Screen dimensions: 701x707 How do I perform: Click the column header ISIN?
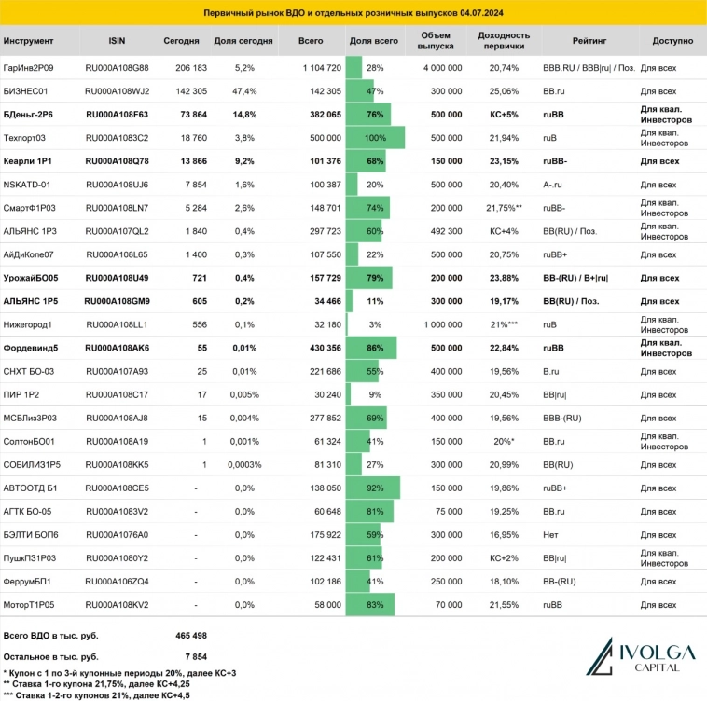pos(117,42)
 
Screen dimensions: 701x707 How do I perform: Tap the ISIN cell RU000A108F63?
pos(117,115)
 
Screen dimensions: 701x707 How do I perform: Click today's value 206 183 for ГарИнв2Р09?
pos(190,68)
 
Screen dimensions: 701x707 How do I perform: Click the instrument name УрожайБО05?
pos(33,278)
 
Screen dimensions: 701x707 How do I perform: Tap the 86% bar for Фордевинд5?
pos(370,348)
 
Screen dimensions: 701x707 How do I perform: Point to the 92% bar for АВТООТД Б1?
pos(372,488)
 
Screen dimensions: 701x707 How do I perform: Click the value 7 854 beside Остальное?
pos(195,655)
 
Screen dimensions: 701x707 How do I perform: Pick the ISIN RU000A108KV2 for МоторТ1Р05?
pos(117,604)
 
